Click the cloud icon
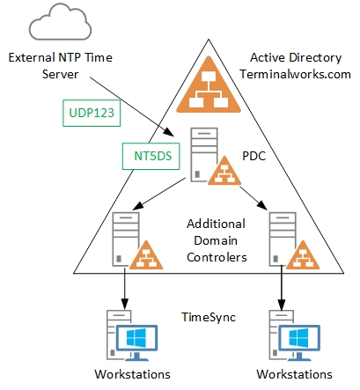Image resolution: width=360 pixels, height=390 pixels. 60,23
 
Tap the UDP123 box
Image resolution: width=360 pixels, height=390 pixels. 92,113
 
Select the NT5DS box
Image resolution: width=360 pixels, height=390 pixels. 151,156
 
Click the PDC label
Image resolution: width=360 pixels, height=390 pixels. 254,156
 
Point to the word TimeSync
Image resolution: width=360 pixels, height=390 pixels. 209,317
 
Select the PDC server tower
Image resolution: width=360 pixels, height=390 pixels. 204,155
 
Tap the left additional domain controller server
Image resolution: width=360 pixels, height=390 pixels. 126,239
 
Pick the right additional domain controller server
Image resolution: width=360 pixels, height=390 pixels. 283,239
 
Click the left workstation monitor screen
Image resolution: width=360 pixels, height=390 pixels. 136,338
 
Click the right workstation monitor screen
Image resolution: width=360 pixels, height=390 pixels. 299,338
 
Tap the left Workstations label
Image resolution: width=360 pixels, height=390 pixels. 132,374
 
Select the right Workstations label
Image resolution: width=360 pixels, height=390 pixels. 294,374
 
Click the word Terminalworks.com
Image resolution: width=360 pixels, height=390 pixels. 296,74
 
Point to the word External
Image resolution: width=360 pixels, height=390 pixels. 32,57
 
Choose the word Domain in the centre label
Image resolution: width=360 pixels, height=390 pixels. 216,240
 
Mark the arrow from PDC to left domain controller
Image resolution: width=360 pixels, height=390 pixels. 158,194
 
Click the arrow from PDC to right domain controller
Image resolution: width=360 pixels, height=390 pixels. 253,198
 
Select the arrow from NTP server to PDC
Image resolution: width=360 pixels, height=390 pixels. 132,107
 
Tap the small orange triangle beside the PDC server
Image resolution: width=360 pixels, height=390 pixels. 224,172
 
